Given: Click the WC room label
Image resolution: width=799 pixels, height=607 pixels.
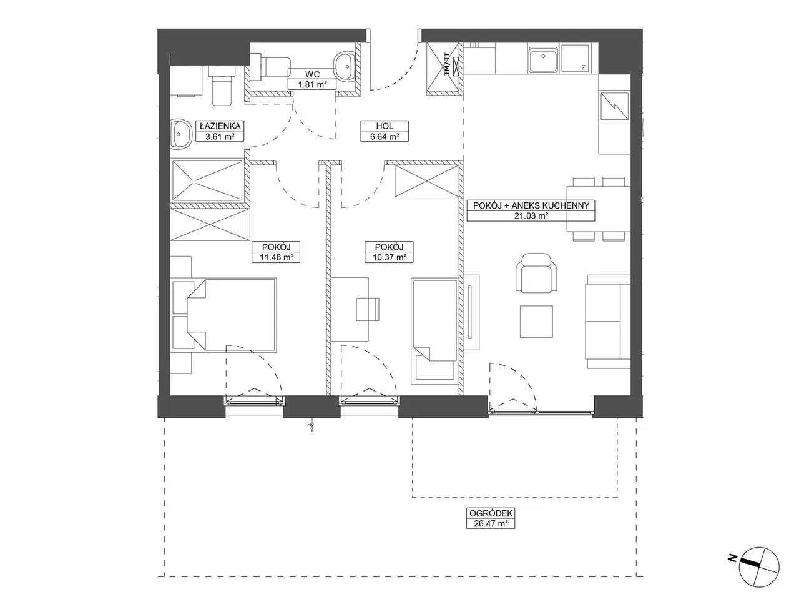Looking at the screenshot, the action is click(x=312, y=74).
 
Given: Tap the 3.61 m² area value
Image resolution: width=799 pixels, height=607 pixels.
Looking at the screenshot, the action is click(x=220, y=137).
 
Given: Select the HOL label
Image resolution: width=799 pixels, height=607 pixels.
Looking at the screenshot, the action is click(x=385, y=126).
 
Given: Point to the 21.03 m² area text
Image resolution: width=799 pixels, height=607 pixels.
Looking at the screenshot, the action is click(x=531, y=215).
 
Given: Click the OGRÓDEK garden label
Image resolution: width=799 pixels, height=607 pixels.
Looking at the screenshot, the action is click(x=491, y=513).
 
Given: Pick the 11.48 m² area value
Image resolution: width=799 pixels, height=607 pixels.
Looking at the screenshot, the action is click(x=277, y=257).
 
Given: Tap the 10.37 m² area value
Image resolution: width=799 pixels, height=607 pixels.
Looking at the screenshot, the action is click(x=389, y=257).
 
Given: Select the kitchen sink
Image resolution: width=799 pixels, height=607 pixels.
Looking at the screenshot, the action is click(x=542, y=60).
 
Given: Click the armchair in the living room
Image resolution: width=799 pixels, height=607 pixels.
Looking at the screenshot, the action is click(x=536, y=273).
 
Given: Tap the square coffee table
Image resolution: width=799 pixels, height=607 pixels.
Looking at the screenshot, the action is click(x=536, y=322).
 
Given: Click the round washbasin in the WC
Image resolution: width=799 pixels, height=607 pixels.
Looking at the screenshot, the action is click(x=345, y=66).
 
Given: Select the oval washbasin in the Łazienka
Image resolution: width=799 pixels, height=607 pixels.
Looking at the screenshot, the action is click(x=181, y=134).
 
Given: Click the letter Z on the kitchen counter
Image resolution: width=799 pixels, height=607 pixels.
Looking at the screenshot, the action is click(x=584, y=67).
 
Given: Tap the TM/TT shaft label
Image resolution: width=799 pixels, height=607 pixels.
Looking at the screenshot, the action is click(x=447, y=65).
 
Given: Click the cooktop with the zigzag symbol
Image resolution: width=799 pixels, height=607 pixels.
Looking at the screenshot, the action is click(x=614, y=106).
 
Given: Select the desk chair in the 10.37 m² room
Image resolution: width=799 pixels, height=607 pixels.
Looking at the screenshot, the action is click(x=368, y=309).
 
